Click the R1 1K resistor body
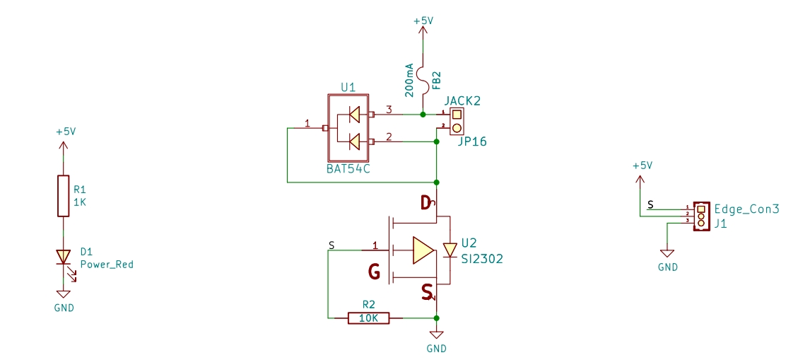tap(63, 196)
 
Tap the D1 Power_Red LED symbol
tap(63, 257)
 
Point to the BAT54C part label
tap(348, 168)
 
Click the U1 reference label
tap(348, 87)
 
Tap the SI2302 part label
tap(482, 259)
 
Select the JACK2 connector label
tap(462, 100)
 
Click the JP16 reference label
tap(471, 142)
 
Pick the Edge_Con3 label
tap(747, 209)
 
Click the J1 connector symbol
tap(701, 216)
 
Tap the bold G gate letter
tap(374, 272)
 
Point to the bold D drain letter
tap(426, 203)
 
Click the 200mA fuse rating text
tap(409, 80)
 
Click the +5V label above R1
tap(66, 132)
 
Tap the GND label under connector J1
tap(668, 267)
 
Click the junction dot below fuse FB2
tap(423, 115)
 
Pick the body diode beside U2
tap(450, 250)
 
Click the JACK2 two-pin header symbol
tap(456, 121)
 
